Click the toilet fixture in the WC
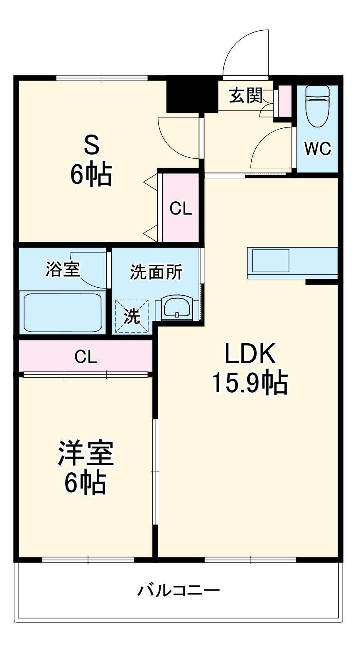tap(317, 106)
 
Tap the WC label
tap(318, 148)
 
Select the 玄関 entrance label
tap(246, 96)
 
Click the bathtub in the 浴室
tap(62, 313)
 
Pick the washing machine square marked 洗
tap(132, 316)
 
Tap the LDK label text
tap(250, 354)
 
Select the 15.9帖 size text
tap(250, 383)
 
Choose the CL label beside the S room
tap(181, 208)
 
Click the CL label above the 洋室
tap(86, 356)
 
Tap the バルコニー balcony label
tap(179, 590)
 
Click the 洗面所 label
tap(156, 272)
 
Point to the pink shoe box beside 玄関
tap(285, 101)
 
